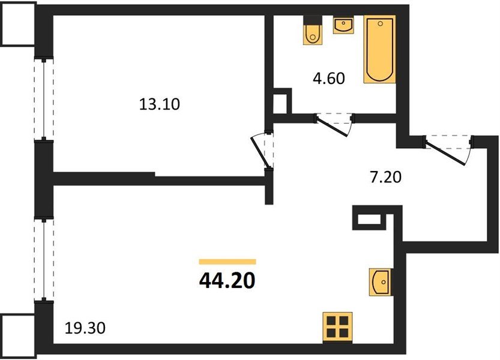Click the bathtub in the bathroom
click(x=380, y=49)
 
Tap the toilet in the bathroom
click(x=313, y=29)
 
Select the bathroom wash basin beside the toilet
click(x=343, y=25)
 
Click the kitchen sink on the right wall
click(x=379, y=282)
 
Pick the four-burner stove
click(x=337, y=326)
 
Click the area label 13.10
click(x=160, y=104)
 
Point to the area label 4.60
click(x=329, y=79)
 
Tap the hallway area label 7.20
click(x=385, y=177)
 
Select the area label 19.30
click(x=85, y=328)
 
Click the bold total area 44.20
click(x=227, y=281)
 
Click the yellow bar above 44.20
click(x=227, y=262)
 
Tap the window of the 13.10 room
click(x=44, y=99)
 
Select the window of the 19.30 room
click(x=44, y=259)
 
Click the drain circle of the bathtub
click(x=380, y=23)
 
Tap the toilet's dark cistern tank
click(x=313, y=20)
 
